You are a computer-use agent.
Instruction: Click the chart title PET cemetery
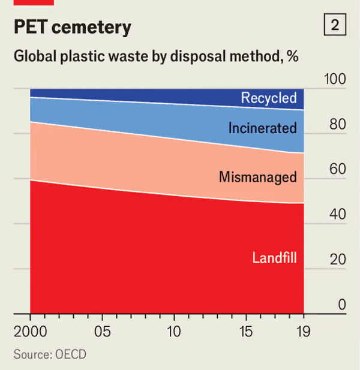tap(73, 28)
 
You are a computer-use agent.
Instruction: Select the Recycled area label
tap(269, 98)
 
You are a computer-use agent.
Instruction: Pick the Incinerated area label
tap(262, 128)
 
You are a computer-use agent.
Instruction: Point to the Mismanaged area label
tap(257, 177)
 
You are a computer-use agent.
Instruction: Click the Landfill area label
tap(275, 258)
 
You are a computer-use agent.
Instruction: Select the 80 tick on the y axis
tap(338, 125)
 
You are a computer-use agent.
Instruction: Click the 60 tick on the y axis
tap(338, 170)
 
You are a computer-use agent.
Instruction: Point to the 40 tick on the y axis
tap(338, 215)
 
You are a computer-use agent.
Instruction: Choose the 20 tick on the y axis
tap(338, 260)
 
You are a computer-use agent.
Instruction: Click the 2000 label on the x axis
tap(31, 332)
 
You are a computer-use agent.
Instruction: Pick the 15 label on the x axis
tap(247, 332)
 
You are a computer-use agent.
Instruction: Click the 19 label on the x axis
tap(304, 332)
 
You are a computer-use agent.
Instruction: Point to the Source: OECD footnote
tap(50, 354)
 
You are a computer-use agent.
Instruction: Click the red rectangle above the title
tap(34, 2)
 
